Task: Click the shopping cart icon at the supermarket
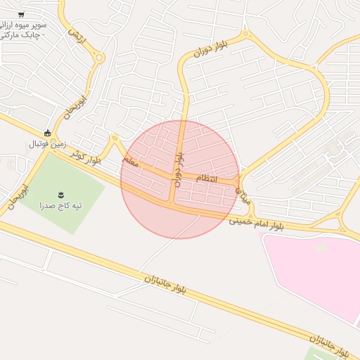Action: point(21,14)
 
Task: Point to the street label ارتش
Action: point(76,36)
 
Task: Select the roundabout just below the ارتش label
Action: point(98,58)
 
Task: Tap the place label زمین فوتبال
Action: point(46,143)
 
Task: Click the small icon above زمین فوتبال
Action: point(47,133)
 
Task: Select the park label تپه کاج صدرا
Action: point(60,205)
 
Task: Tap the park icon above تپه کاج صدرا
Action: point(60,194)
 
